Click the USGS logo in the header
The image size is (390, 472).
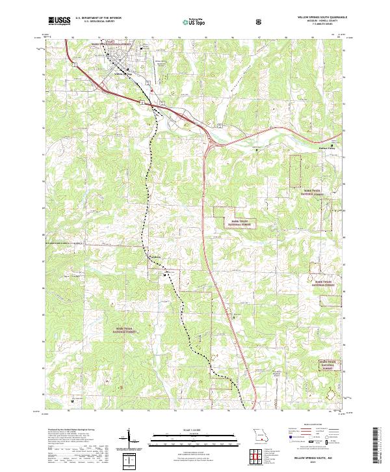(x=60, y=21)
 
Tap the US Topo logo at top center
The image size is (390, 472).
(x=189, y=21)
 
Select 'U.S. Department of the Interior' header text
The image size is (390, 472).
(x=98, y=19)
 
